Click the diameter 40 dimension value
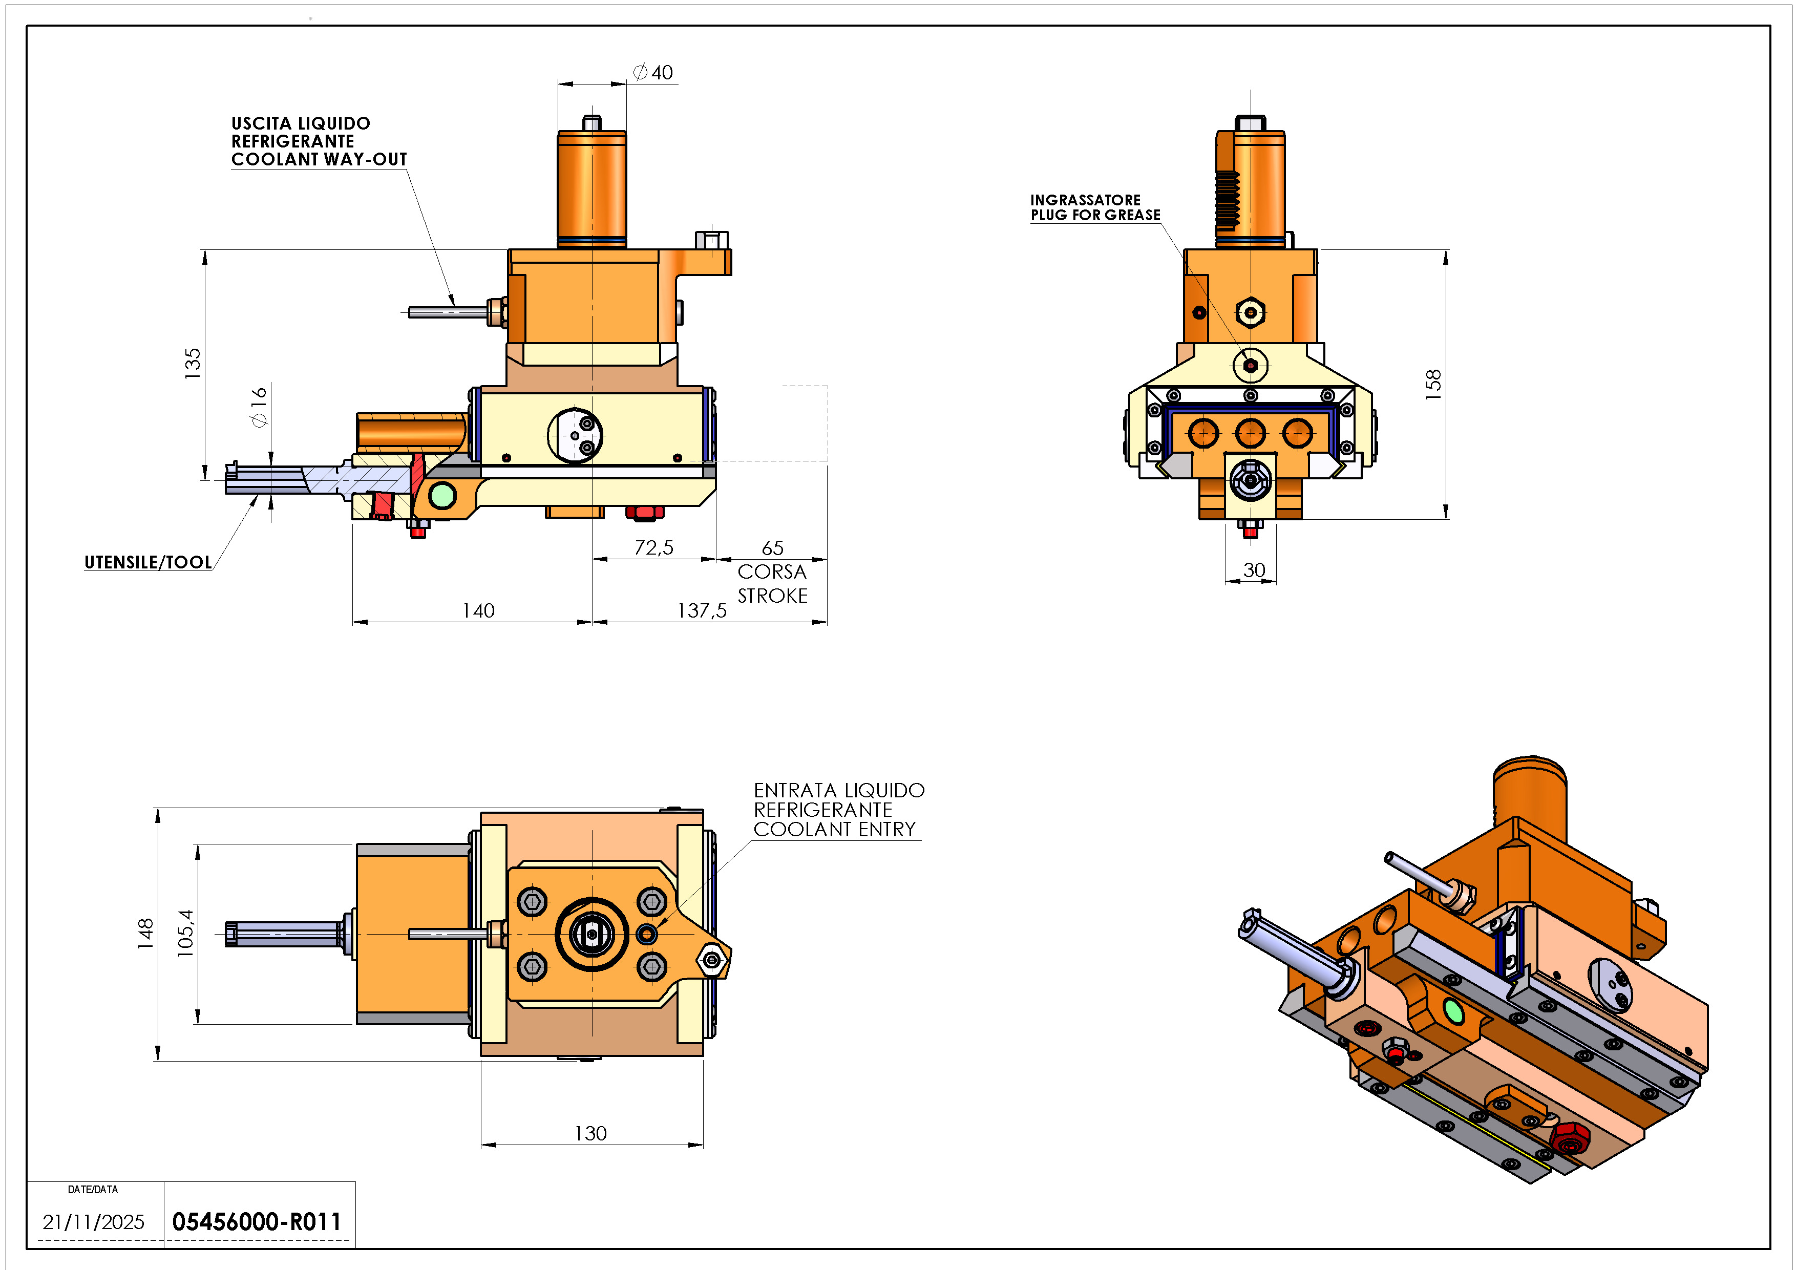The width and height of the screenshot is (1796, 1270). [x=653, y=73]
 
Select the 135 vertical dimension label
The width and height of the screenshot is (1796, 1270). [x=193, y=364]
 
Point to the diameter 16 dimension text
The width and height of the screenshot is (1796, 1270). [x=259, y=407]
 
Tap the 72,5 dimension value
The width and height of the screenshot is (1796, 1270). [x=654, y=547]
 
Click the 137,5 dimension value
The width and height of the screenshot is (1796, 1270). [x=702, y=611]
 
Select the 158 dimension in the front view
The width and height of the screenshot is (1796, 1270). [x=1432, y=385]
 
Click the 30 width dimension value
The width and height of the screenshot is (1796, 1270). [x=1254, y=570]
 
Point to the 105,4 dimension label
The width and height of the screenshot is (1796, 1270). [x=185, y=933]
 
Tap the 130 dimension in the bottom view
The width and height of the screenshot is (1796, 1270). [x=590, y=1133]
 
